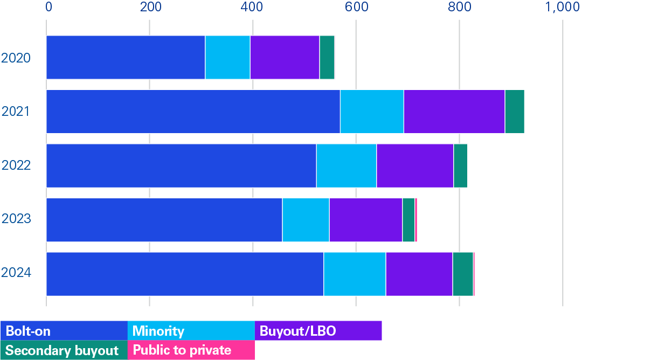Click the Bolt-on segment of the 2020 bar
[x=126, y=58]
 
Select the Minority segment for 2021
[x=372, y=112]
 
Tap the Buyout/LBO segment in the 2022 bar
[x=415, y=165]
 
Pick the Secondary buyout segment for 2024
[x=463, y=274]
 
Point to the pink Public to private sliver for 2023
[x=416, y=220]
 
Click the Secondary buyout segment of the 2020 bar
[x=327, y=58]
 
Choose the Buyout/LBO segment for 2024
[x=419, y=274]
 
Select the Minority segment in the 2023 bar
[x=306, y=220]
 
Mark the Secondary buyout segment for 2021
[x=515, y=112]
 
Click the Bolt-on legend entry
[x=64, y=331]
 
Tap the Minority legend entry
[x=191, y=331]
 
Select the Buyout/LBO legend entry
[x=318, y=331]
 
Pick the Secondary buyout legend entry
[x=64, y=350]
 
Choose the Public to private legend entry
[x=191, y=350]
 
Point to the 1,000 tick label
[x=562, y=7]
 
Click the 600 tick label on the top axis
[x=356, y=7]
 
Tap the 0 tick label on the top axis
[x=49, y=7]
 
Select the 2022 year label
[x=16, y=165]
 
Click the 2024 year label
[x=16, y=273]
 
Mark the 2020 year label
[x=16, y=58]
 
